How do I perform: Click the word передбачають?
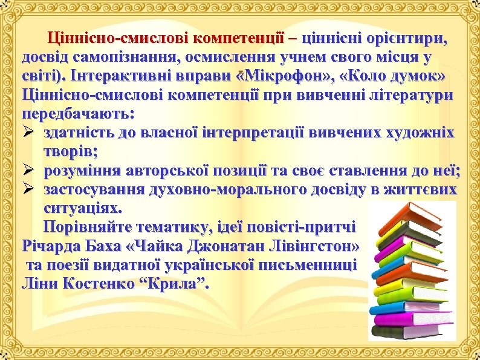(79, 114)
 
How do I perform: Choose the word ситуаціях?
(82, 209)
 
